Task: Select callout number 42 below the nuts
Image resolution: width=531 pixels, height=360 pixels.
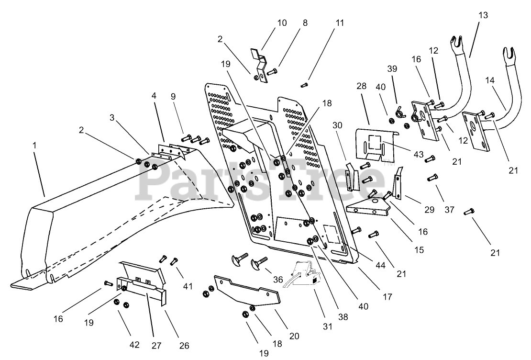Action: pyautogui.click(x=134, y=345)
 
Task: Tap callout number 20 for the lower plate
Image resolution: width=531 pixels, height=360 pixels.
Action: pyautogui.click(x=294, y=336)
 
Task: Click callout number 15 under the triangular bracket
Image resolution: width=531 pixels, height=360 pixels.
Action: pyautogui.click(x=419, y=249)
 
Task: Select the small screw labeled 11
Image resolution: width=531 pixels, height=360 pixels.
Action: pyautogui.click(x=303, y=86)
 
